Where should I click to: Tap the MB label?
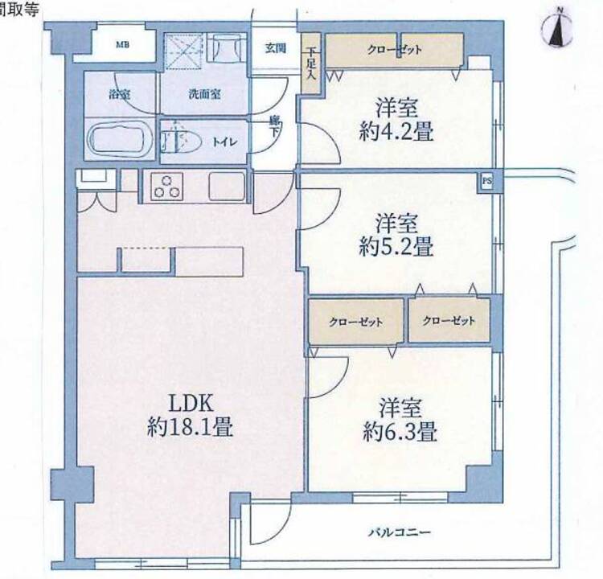tap(123, 45)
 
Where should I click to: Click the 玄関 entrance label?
tap(275, 48)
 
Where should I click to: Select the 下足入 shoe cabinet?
tap(310, 63)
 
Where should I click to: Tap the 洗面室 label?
tap(204, 94)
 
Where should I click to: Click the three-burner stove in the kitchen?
tap(166, 187)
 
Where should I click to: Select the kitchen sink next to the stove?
tap(228, 187)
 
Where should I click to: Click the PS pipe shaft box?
tap(487, 181)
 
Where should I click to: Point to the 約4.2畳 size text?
tap(396, 131)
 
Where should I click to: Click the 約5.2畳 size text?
tap(396, 246)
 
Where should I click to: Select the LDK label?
tap(191, 403)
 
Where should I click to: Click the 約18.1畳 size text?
tap(190, 427)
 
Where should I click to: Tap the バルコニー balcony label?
tap(400, 532)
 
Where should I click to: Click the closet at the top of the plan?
tap(395, 50)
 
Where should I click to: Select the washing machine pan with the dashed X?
tap(183, 51)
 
